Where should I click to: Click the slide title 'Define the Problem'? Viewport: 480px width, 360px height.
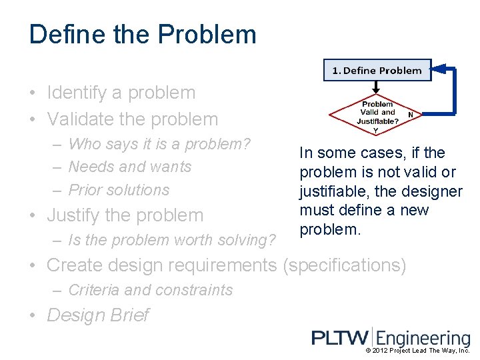(143, 34)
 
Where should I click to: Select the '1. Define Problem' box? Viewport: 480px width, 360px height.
(377, 71)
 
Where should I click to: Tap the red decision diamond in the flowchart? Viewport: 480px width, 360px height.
(377, 113)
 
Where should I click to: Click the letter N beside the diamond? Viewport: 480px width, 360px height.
(410, 114)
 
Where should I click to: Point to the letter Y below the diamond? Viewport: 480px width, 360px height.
(376, 131)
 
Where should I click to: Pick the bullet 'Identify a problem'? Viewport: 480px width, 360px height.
(121, 93)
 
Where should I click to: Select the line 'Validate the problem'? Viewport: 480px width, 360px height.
(132, 119)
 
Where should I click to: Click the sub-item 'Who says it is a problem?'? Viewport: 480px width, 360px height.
(164, 144)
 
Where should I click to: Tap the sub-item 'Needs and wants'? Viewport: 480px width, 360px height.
(130, 167)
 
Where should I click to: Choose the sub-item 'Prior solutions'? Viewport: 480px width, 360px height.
(119, 189)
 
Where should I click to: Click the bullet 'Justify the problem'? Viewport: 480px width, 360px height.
(125, 215)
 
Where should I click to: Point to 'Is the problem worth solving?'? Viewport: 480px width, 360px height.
(172, 239)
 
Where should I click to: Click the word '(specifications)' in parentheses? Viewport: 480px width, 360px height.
(345, 265)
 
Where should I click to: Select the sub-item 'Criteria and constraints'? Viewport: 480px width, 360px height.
(151, 290)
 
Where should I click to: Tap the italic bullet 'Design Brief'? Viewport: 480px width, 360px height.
(97, 315)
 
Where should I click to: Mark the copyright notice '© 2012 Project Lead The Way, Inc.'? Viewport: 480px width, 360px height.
(418, 351)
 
